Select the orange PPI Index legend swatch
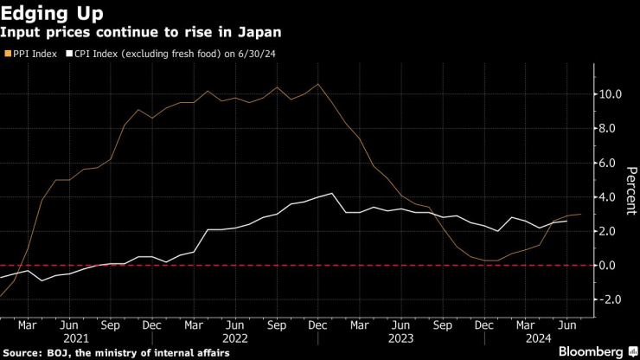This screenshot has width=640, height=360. [9, 55]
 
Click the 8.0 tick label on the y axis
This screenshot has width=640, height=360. [610, 129]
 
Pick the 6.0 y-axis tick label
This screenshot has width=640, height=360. [610, 163]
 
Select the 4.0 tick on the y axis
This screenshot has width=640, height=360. [610, 197]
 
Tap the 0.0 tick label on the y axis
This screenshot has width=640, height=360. [610, 266]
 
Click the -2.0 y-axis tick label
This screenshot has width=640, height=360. [607, 299]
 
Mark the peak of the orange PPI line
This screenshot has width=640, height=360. [318, 84]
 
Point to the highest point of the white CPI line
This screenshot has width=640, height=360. [332, 194]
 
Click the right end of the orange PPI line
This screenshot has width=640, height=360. [580, 214]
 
